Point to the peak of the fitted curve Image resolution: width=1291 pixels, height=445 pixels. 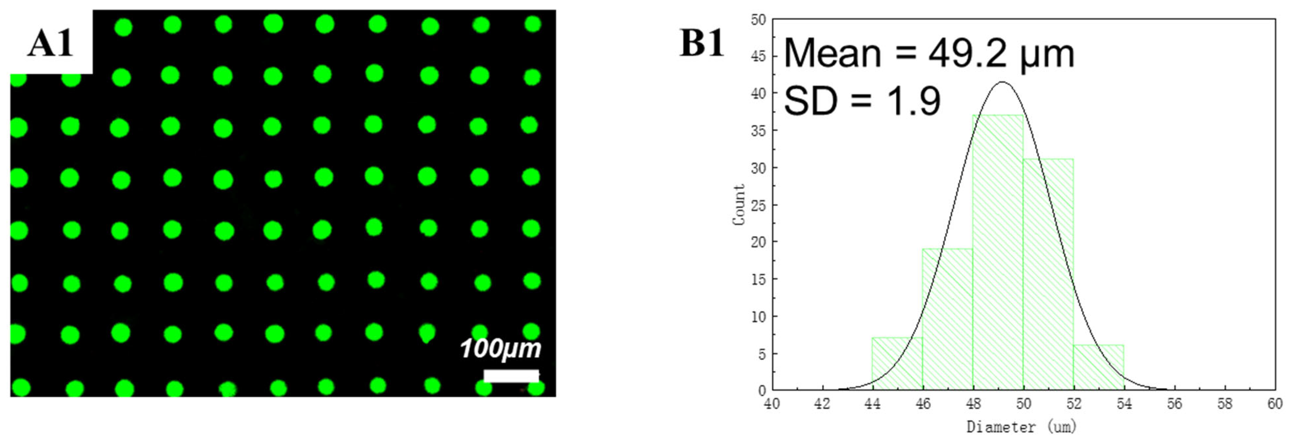point(1001,82)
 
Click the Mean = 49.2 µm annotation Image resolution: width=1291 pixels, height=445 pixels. point(929,54)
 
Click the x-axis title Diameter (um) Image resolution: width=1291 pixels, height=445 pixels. point(1021,427)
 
